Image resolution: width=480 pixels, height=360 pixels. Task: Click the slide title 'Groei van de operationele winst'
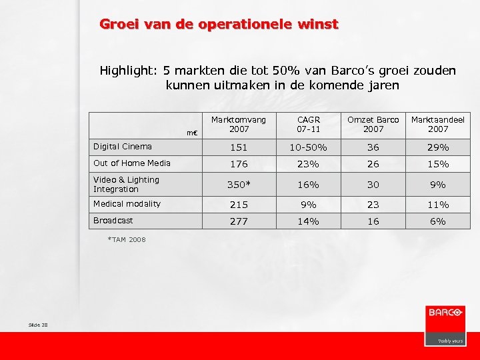tap(219, 25)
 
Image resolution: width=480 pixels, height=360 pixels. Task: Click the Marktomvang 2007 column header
tap(238, 124)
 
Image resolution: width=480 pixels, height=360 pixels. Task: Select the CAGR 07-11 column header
tap(307, 124)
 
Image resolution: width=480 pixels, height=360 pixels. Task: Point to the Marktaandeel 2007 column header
tap(437, 124)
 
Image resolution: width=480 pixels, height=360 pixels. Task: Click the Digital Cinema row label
tap(123, 147)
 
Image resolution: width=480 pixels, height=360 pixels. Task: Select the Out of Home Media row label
tap(132, 163)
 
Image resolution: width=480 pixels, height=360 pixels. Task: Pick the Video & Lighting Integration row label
tap(126, 184)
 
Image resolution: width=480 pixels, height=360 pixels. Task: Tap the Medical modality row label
tap(127, 204)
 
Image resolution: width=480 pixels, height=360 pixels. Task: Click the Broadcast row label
tap(113, 221)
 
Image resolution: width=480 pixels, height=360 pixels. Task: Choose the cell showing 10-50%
tap(307, 147)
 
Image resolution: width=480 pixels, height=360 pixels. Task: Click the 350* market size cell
tap(238, 185)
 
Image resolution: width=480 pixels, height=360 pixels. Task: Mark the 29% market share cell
tap(437, 147)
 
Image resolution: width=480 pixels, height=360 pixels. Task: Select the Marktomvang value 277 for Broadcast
tap(238, 221)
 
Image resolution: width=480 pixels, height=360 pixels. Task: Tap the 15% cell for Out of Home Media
tap(437, 164)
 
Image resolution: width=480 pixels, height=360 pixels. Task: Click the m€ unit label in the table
tap(192, 133)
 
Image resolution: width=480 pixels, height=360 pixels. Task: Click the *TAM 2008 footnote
tap(126, 239)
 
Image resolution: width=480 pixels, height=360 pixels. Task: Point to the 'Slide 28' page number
tap(39, 325)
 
